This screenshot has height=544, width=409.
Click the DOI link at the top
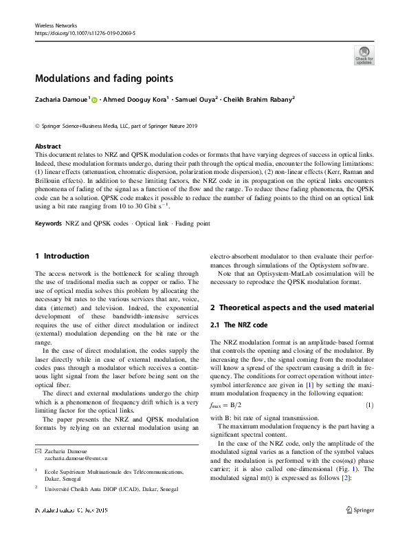85,32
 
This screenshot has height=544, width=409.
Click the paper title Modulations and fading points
104,78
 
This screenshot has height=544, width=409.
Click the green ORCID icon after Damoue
94,100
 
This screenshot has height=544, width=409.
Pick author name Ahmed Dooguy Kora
135,99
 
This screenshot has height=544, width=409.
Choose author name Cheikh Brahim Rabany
258,99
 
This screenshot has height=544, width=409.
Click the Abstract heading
47,146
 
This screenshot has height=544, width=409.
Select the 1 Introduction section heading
62,256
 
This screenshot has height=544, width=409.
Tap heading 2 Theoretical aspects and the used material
291,307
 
